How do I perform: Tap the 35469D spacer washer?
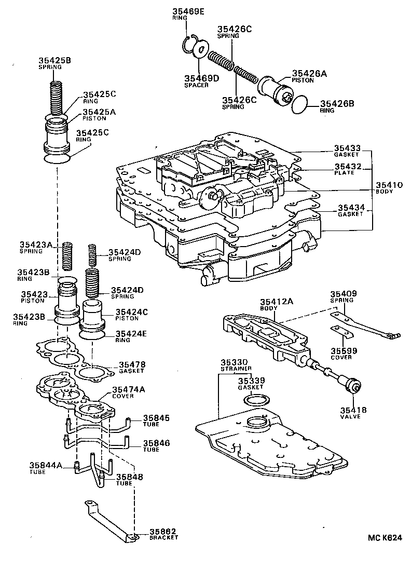click(x=200, y=51)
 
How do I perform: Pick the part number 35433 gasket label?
click(x=347, y=148)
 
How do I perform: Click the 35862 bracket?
click(x=109, y=520)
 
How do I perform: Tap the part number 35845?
click(x=156, y=417)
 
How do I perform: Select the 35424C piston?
click(x=94, y=316)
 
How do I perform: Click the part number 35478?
click(x=132, y=365)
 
